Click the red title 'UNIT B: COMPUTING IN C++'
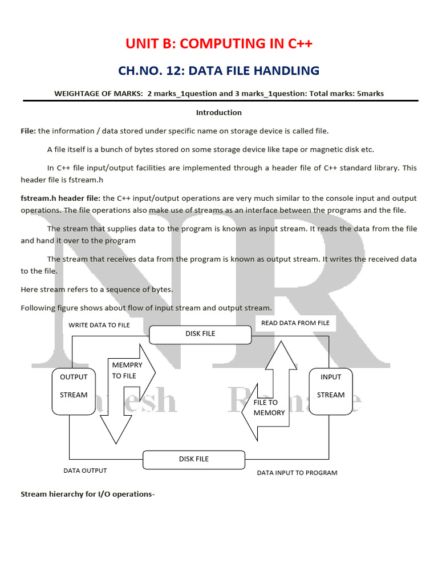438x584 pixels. (218, 44)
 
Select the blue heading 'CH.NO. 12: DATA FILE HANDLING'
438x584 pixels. (218, 71)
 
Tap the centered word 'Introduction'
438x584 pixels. (218, 112)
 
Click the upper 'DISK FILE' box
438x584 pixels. (200, 334)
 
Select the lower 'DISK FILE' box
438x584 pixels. (194, 459)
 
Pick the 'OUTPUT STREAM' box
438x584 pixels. (74, 391)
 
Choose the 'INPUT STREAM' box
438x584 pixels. (331, 391)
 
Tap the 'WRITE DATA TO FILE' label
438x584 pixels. (99, 325)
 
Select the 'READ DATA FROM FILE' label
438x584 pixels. (295, 323)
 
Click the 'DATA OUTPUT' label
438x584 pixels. (85, 471)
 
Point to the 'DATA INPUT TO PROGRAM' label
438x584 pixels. (297, 473)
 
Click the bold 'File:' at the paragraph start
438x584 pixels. (29, 131)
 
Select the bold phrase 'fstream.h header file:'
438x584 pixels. (60, 198)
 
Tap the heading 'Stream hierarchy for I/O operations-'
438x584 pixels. (88, 494)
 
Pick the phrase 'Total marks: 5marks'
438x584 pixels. (346, 93)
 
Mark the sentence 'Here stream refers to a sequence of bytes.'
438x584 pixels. (96, 289)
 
